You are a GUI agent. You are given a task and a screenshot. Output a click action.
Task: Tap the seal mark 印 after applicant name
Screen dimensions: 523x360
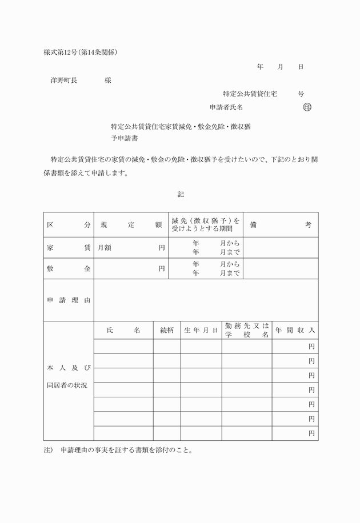pos(307,107)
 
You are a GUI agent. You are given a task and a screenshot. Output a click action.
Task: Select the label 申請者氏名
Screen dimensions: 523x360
pos(226,107)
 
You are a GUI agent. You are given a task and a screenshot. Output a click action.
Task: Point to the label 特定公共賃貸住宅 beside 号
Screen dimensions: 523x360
pos(250,93)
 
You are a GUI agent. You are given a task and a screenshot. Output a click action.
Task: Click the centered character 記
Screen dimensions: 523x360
pos(181,195)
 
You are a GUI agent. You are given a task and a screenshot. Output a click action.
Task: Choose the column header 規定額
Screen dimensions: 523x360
pos(131,225)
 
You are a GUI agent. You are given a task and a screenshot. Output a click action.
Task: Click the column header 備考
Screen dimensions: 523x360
pos(281,225)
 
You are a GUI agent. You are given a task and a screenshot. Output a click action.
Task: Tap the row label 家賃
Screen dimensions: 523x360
pos(69,248)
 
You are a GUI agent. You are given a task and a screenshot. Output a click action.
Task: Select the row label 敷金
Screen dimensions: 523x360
pos(69,268)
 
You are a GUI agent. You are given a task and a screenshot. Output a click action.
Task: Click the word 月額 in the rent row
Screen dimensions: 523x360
pos(105,248)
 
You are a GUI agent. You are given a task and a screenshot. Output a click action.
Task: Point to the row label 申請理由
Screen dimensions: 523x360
pos(69,300)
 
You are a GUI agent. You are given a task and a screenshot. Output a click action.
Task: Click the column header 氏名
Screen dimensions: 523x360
pos(123,330)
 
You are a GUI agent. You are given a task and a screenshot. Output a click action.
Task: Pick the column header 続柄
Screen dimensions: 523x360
pos(167,330)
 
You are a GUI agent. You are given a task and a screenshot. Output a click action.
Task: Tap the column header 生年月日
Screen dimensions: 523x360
pos(201,330)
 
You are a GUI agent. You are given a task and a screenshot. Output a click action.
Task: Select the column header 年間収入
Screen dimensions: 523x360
pos(295,330)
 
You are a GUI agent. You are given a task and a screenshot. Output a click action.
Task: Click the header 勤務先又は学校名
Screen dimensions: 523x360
pos(247,330)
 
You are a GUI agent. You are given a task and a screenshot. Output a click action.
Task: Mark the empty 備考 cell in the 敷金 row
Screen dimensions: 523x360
pos(281,268)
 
